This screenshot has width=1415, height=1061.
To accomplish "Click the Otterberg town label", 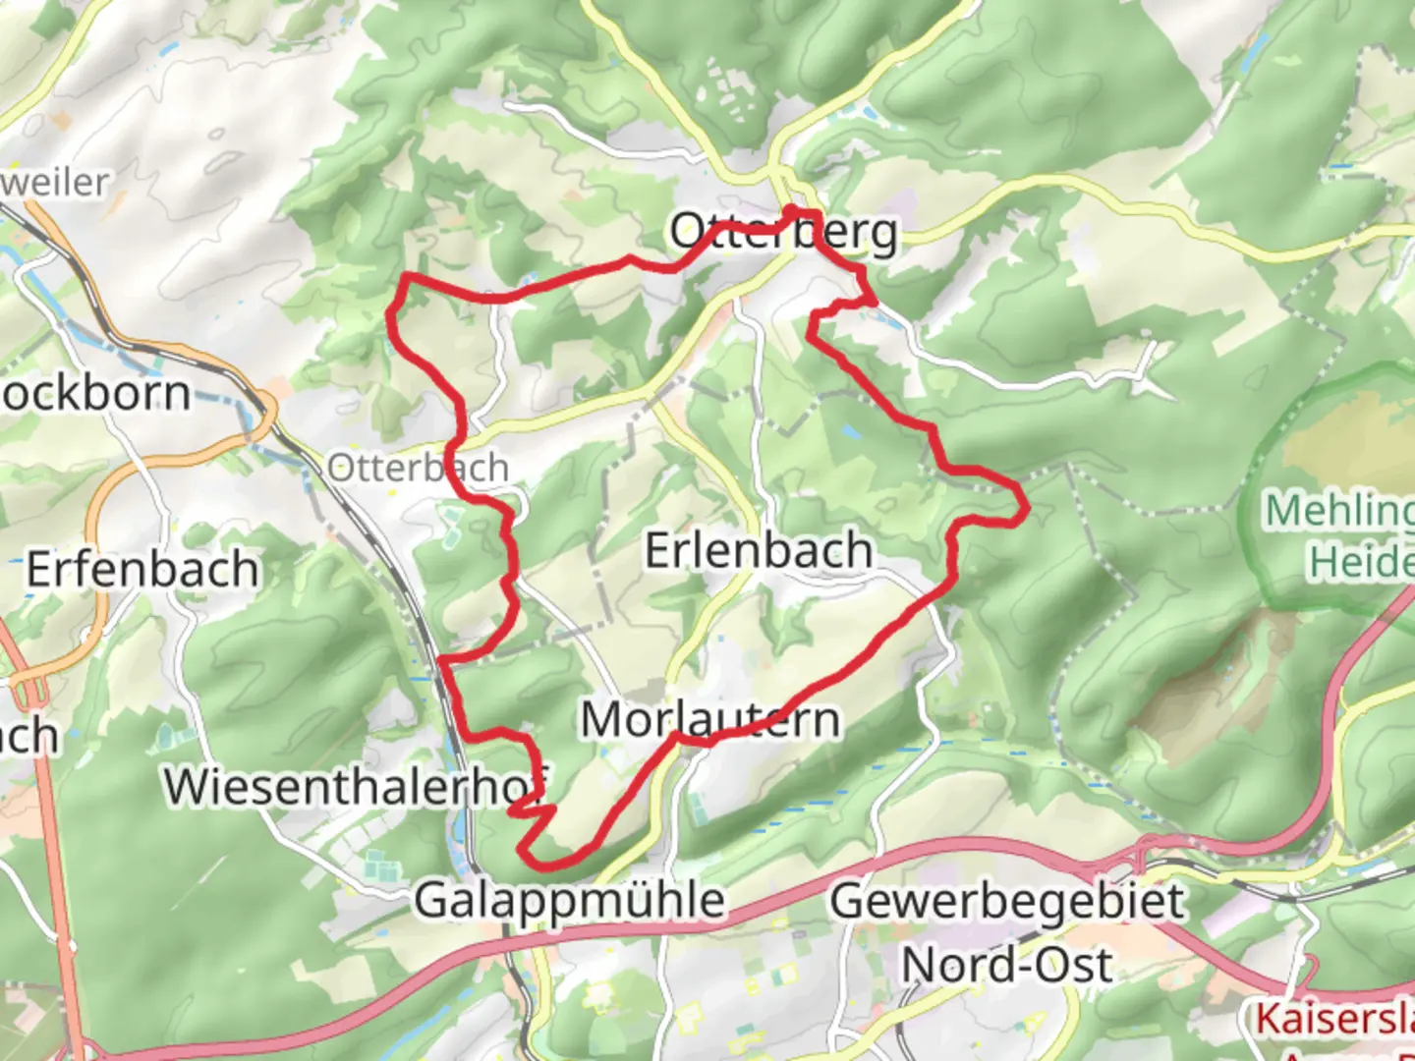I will (x=783, y=233).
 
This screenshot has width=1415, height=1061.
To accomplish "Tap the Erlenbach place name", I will (x=758, y=550).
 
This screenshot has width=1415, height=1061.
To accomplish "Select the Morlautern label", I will (x=709, y=720).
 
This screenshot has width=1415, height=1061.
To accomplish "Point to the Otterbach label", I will (x=418, y=468).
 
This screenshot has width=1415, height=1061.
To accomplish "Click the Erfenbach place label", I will (x=142, y=570).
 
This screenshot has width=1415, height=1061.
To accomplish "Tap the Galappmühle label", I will (x=569, y=900).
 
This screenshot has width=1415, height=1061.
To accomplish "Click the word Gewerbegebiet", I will (x=1007, y=900).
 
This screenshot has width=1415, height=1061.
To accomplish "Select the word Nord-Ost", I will (x=1007, y=965).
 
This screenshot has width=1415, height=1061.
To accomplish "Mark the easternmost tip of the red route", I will (x=1028, y=509).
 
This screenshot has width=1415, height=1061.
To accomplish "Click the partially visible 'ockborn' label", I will (x=95, y=394).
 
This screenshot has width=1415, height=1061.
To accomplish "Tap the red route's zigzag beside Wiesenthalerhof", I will (x=531, y=811).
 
